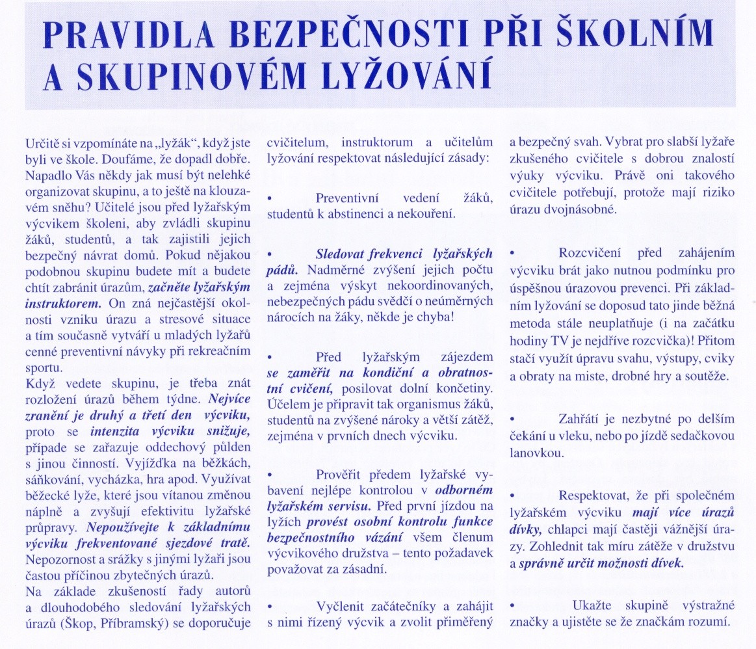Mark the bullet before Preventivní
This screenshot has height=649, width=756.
270,197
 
